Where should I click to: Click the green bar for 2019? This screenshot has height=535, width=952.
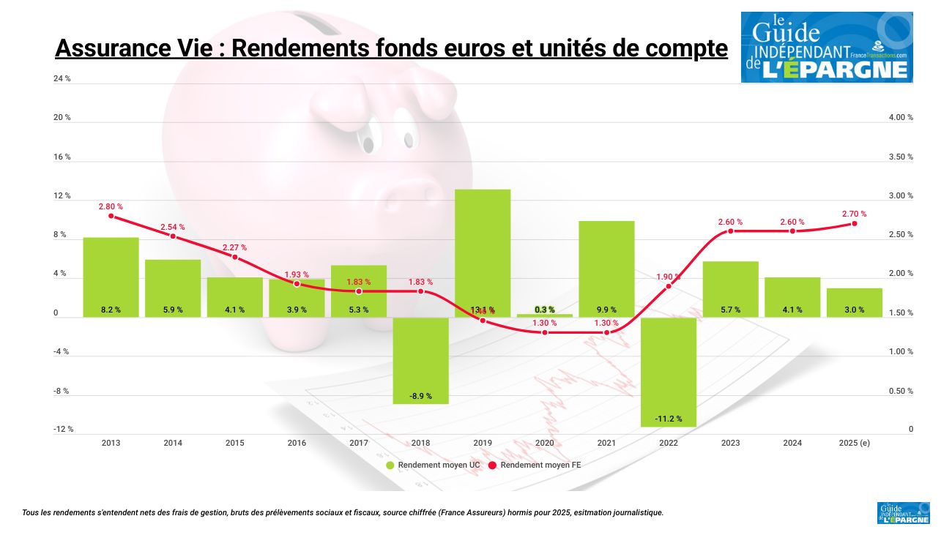click(483, 252)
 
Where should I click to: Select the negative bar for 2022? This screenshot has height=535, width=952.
click(669, 371)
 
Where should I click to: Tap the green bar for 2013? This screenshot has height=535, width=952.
click(111, 277)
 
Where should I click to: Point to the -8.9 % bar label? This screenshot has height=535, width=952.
click(420, 396)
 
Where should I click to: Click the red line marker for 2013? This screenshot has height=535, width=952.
click(111, 216)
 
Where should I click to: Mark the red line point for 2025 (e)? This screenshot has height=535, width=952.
click(854, 223)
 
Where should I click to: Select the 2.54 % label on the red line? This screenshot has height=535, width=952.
click(173, 227)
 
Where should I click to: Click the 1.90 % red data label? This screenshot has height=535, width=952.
click(668, 277)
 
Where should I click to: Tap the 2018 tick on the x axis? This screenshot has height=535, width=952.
click(420, 443)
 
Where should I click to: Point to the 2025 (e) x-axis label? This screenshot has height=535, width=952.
click(854, 443)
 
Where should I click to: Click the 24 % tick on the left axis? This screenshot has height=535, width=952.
click(62, 78)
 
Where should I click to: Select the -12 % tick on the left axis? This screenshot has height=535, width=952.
click(63, 430)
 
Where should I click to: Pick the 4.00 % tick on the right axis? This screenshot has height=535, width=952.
click(901, 117)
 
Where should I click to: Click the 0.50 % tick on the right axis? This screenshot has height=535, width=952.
click(901, 391)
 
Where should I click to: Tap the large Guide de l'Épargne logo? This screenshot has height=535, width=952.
click(827, 47)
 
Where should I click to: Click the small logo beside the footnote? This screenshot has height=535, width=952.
click(903, 512)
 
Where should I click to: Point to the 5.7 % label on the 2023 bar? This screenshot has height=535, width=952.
click(730, 310)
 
